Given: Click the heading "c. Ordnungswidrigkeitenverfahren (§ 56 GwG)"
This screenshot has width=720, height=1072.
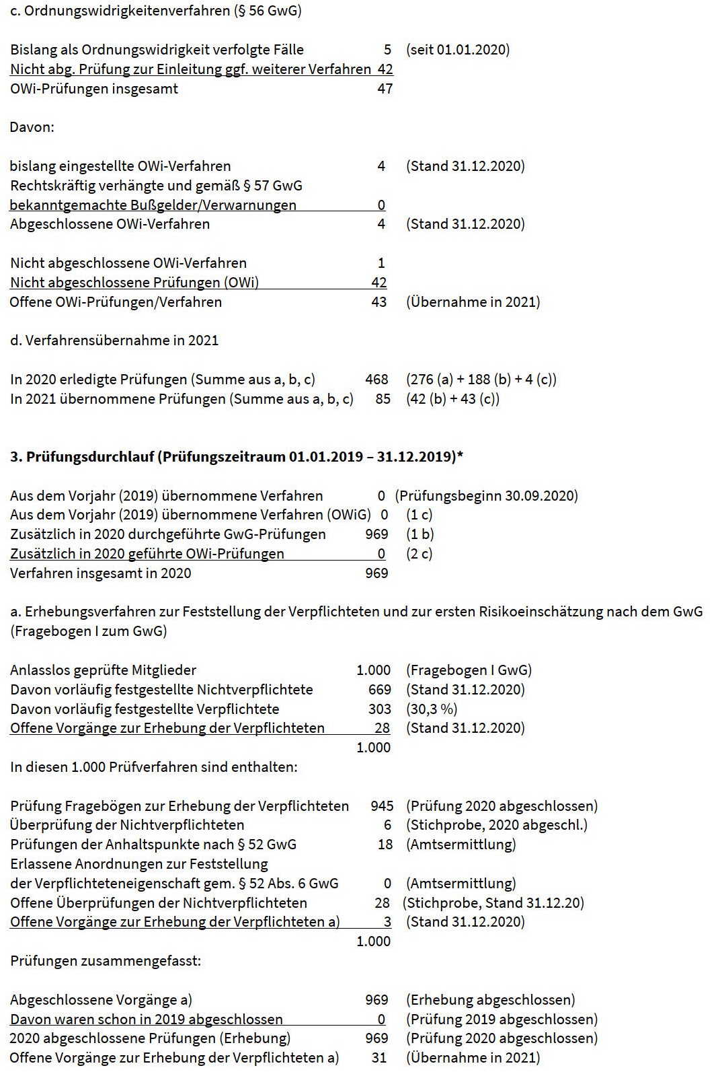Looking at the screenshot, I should point(155,11).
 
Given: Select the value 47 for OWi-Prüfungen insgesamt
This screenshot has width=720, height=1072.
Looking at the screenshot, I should point(385,89).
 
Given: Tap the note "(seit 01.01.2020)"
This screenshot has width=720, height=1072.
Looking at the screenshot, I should point(457,50).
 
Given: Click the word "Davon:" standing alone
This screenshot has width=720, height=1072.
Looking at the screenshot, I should point(32,127).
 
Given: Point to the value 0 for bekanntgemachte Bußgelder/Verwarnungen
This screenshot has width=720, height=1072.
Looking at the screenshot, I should point(381,205).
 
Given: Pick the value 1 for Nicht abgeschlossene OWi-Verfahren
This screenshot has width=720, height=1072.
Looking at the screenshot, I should point(381,263).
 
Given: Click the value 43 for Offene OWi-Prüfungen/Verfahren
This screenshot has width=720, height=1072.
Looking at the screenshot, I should point(379,302).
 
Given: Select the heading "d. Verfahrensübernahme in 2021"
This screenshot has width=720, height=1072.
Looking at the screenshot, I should point(114,341).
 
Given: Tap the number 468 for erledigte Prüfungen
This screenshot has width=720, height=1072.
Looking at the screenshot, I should point(376,380).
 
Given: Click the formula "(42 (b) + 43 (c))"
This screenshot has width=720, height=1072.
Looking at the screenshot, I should point(452,399).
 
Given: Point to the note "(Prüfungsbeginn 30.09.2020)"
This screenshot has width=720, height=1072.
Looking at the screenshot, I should point(486,496).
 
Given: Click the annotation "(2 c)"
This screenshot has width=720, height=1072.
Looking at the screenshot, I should point(419,554).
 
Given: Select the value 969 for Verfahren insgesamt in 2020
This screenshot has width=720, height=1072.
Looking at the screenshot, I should point(376,573).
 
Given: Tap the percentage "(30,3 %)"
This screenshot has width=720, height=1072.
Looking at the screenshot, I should point(432,709).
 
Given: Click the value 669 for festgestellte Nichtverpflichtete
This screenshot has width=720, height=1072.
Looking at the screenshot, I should point(379,690).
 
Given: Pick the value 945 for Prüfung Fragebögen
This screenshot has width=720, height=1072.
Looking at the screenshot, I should point(382,806).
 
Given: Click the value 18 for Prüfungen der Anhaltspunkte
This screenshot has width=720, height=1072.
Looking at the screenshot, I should point(385,845).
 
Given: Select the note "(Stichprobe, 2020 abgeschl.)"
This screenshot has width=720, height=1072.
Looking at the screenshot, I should point(496,825).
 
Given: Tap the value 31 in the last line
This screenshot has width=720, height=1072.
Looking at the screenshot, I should point(379,1058).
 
